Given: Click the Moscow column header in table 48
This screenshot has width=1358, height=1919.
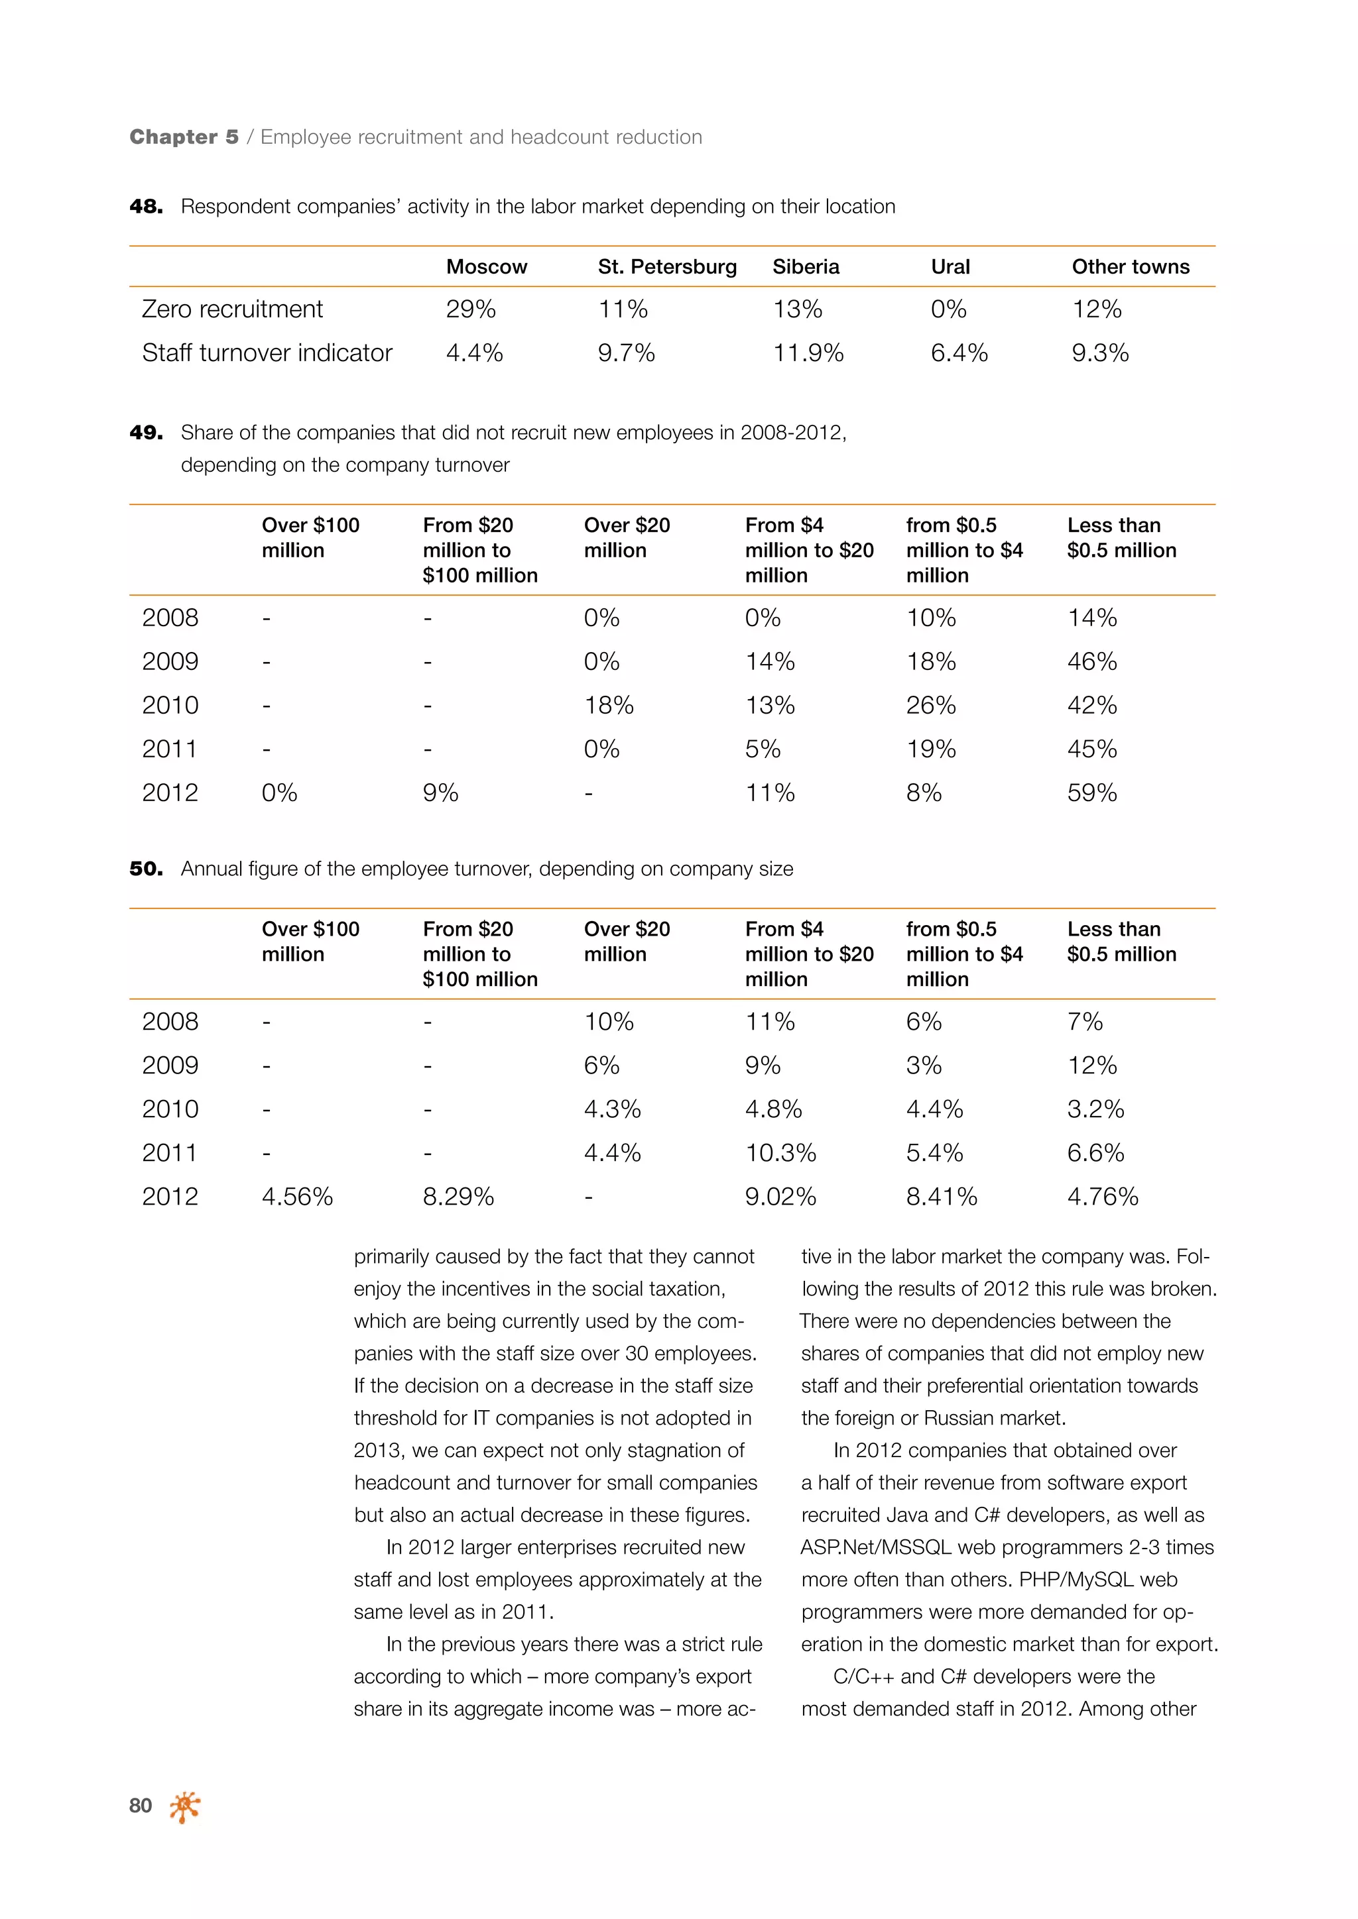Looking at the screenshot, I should [x=486, y=266].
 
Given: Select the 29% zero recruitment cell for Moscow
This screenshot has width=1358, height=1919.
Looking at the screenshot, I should [x=470, y=309].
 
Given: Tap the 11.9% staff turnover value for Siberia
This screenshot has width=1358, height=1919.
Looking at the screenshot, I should [x=807, y=353].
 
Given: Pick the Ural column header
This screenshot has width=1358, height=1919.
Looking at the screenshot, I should [x=950, y=266].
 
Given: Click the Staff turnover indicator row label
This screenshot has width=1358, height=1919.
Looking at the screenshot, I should [x=267, y=353].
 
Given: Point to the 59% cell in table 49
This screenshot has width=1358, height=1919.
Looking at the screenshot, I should [x=1091, y=793].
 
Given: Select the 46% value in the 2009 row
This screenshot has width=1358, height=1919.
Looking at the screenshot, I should [x=1091, y=661].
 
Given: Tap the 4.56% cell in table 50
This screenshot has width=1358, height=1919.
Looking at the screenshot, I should [x=297, y=1196].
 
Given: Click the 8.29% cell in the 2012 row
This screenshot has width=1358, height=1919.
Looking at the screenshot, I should [x=458, y=1196].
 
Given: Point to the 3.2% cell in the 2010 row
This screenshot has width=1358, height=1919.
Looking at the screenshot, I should [x=1095, y=1109].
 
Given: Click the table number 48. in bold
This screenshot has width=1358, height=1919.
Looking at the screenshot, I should [x=147, y=207].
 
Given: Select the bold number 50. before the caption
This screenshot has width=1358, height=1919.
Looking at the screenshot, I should [x=147, y=869].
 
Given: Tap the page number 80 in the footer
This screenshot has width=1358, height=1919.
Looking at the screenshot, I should [x=141, y=1805].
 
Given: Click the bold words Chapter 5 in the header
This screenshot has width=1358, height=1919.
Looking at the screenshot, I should [x=184, y=137].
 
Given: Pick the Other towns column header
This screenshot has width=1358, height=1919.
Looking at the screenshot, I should [x=1130, y=266].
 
